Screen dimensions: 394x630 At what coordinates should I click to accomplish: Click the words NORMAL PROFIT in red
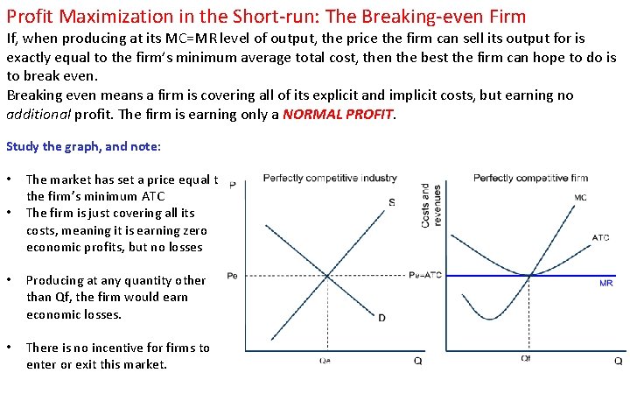click(x=338, y=113)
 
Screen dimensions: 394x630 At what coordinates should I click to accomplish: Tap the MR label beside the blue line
click(x=605, y=284)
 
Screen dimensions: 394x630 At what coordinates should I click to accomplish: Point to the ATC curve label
click(x=600, y=237)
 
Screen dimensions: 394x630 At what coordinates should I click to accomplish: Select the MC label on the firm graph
click(x=580, y=198)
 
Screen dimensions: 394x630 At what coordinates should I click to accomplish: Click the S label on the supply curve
click(x=391, y=203)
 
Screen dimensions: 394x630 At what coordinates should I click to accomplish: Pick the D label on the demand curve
click(x=381, y=318)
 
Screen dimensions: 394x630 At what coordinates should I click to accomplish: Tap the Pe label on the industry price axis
click(x=232, y=276)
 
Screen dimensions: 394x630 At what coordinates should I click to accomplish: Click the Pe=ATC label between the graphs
click(x=425, y=276)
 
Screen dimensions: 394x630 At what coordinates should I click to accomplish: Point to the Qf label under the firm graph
click(x=526, y=359)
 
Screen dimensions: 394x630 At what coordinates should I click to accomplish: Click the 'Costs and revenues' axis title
click(x=430, y=205)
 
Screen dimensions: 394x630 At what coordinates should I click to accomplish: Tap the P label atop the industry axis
click(x=232, y=185)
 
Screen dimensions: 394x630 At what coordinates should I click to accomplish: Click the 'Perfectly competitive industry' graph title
click(x=329, y=178)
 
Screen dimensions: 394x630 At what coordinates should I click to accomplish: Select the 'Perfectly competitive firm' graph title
click(x=530, y=178)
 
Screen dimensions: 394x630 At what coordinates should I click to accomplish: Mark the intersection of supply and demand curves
click(x=327, y=276)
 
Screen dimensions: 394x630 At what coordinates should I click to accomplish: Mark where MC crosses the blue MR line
click(x=530, y=276)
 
